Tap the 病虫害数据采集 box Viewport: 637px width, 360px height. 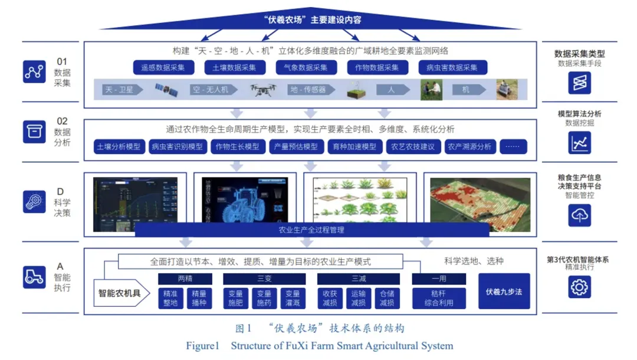[452, 67]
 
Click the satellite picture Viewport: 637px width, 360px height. [166, 90]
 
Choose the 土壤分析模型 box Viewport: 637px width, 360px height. [119, 146]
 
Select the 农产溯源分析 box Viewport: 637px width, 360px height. [469, 146]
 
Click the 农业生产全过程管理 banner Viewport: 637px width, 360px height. [311, 230]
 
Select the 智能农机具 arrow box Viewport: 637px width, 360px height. [120, 292]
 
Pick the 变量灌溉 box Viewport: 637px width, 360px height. [292, 298]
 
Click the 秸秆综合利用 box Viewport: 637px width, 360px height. [438, 298]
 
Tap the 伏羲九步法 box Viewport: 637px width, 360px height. [504, 292]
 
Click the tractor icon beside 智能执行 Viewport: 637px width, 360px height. [34, 276]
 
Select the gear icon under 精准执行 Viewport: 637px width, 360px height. [580, 287]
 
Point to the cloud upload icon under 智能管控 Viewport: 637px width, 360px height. [580, 215]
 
